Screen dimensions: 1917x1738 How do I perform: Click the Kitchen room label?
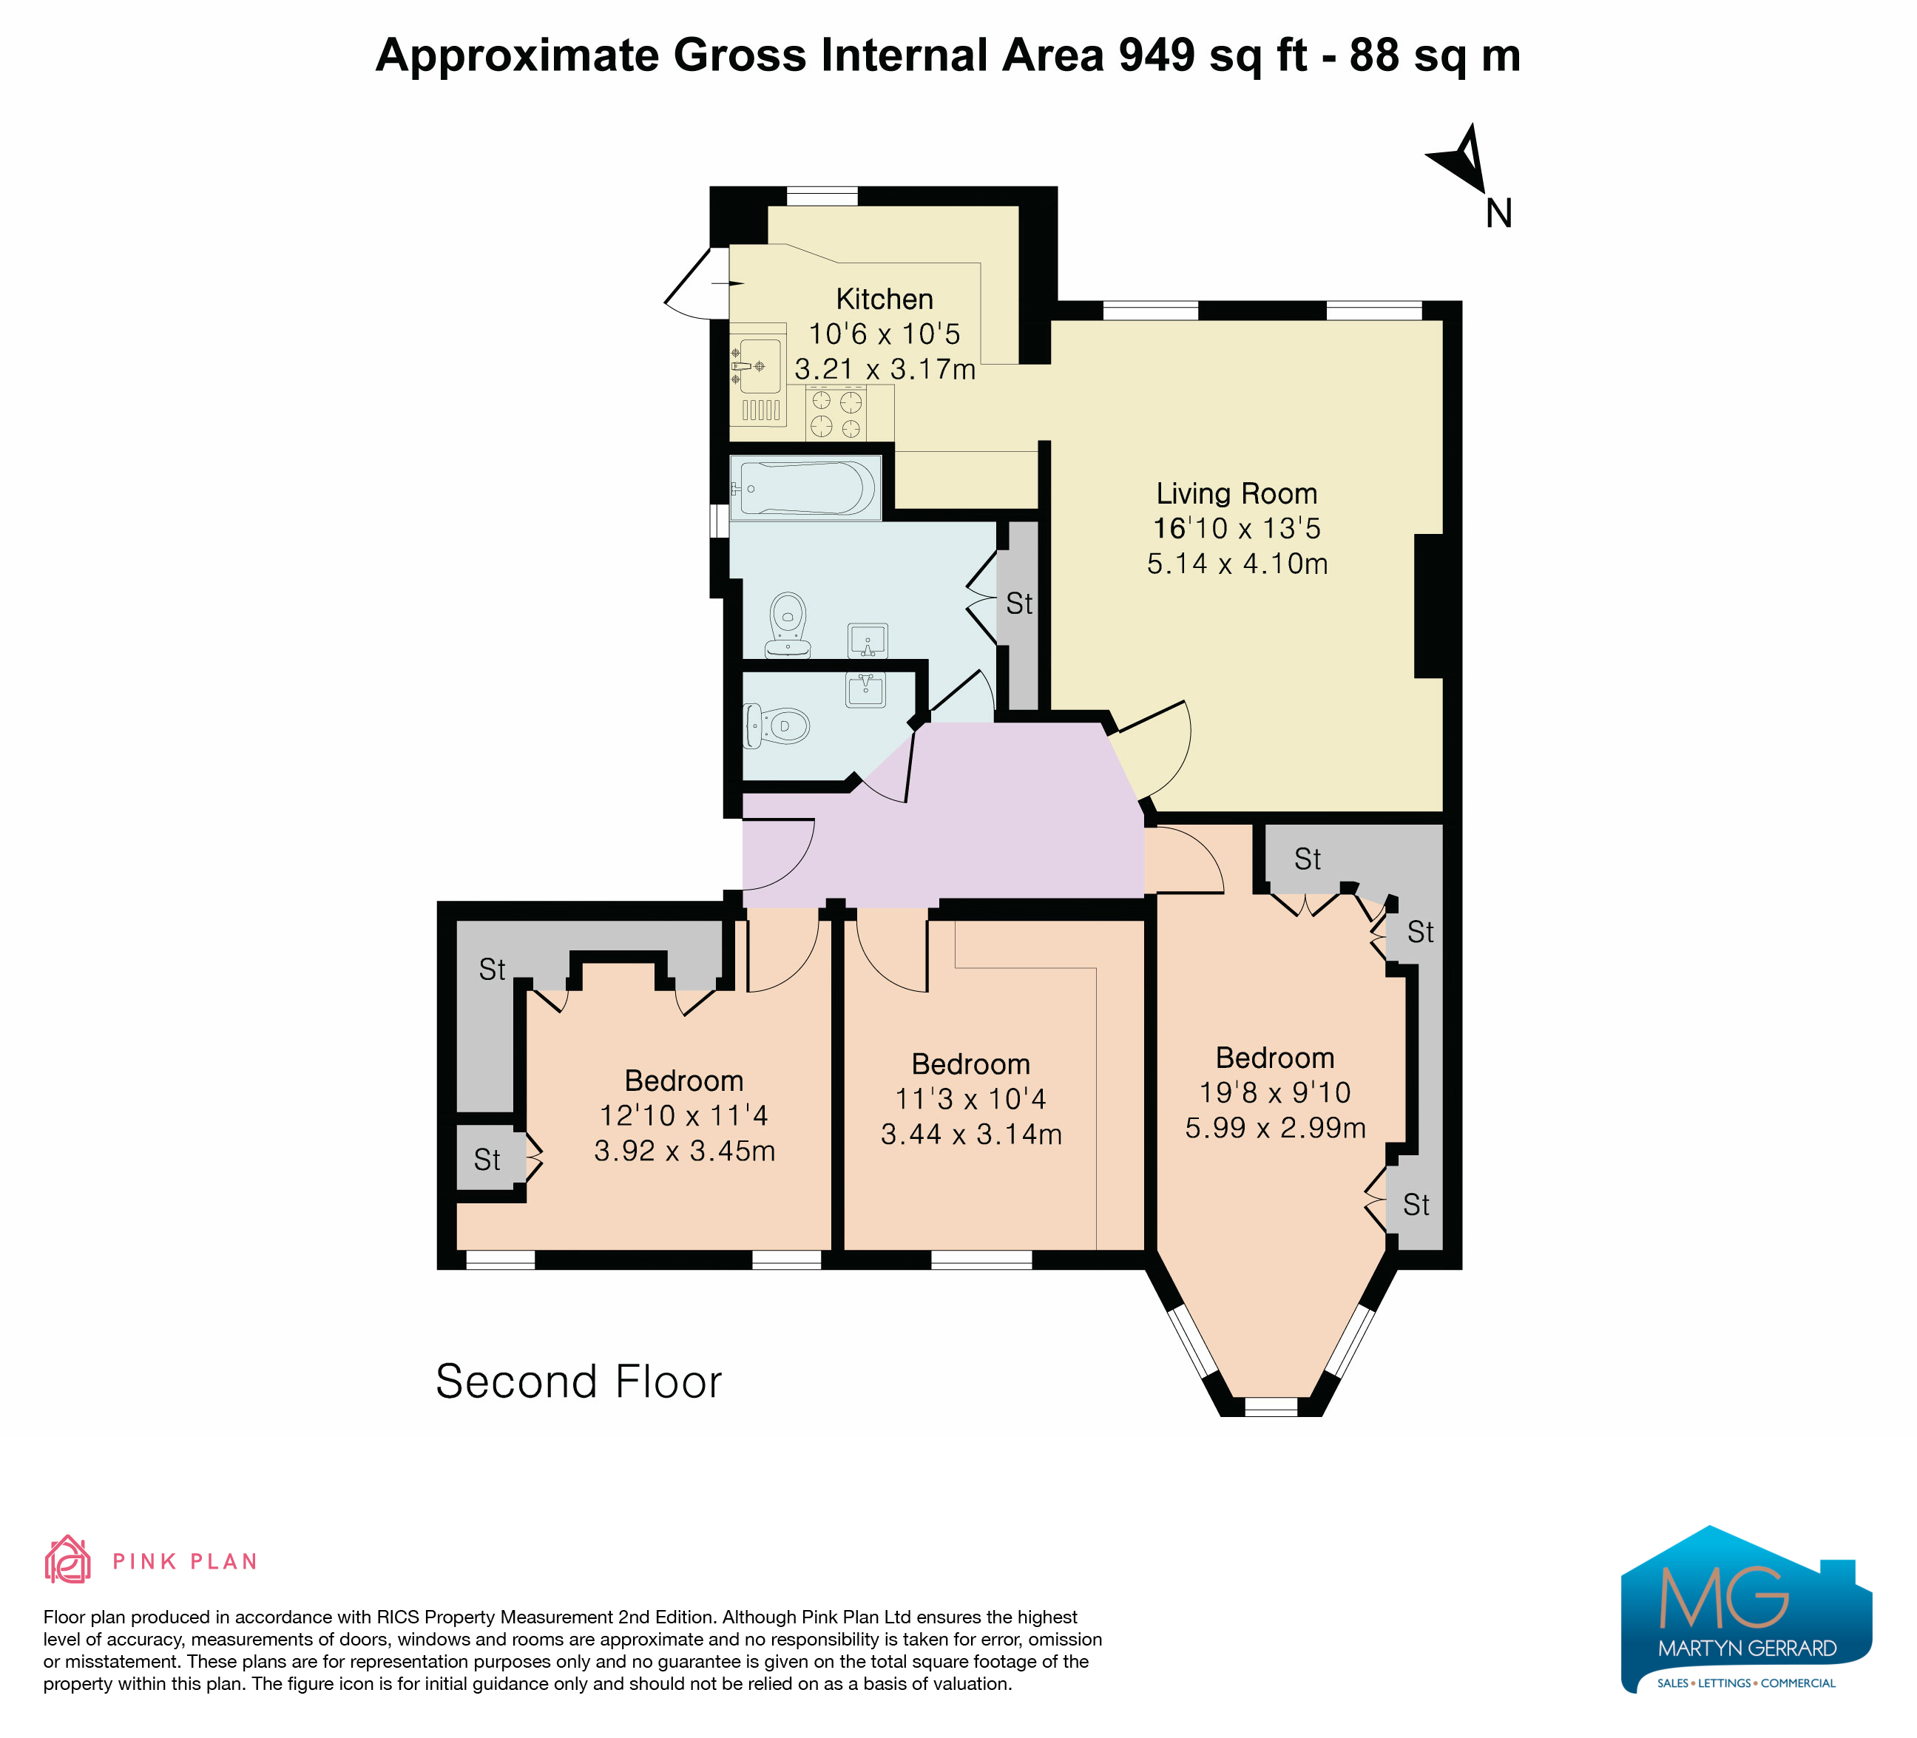pyautogui.click(x=885, y=299)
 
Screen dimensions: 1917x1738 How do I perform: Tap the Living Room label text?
pyautogui.click(x=1236, y=493)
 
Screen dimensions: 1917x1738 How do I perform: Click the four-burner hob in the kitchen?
pyautogui.click(x=836, y=413)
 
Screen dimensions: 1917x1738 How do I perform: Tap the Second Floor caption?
pyautogui.click(x=578, y=1382)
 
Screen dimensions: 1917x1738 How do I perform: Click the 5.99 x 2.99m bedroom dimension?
pyautogui.click(x=1275, y=1128)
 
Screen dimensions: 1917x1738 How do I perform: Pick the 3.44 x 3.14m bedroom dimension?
pyautogui.click(x=971, y=1135)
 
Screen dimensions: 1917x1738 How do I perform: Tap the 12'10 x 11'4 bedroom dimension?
pyautogui.click(x=683, y=1115)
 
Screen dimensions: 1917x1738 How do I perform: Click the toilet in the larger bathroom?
pyautogui.click(x=788, y=625)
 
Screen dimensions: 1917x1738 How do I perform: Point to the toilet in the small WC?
pyautogui.click(x=776, y=726)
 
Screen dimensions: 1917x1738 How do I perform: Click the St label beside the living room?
pyautogui.click(x=1019, y=603)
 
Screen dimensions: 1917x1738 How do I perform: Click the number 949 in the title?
pyautogui.click(x=1156, y=55)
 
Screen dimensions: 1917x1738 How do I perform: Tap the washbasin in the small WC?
pyautogui.click(x=865, y=689)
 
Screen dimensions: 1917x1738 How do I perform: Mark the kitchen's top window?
pyautogui.click(x=822, y=196)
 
